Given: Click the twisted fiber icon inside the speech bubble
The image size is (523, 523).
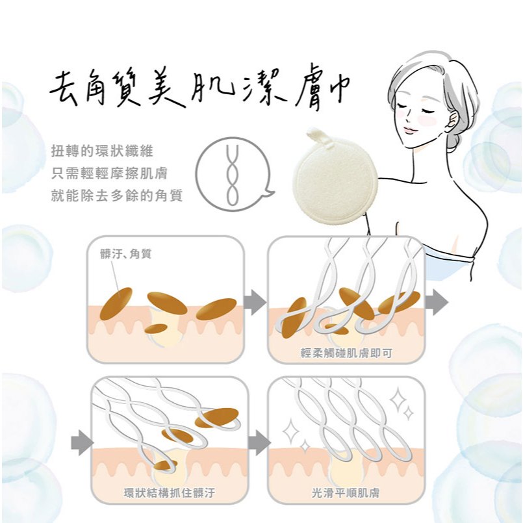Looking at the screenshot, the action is pos(232,175).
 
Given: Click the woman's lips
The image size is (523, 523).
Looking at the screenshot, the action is pos(410,129).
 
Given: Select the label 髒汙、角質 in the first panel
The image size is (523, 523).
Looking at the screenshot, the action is pos(125,254).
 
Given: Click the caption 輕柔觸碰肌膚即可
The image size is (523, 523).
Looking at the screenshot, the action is pos(346,353).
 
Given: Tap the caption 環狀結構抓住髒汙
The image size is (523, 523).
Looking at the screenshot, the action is pos(170,492).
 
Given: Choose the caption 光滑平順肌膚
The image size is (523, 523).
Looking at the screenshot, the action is pos(346,492).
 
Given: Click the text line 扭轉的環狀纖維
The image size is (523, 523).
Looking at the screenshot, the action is pos(102,151).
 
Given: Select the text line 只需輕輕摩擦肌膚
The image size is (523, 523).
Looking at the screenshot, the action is pos(109,173).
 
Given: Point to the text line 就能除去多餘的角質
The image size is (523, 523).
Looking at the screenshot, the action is pos(117,196).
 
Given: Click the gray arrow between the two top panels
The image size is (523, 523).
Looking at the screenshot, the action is pos(255,302).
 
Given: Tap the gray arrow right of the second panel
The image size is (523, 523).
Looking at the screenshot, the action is pos(437,302).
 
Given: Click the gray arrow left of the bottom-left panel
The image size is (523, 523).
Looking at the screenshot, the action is pos(82,442).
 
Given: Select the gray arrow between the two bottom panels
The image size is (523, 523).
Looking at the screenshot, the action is pos(259,442).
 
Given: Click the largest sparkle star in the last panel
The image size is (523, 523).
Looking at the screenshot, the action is pos(398,400).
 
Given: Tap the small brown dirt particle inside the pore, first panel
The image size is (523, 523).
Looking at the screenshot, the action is pos(156,329).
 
